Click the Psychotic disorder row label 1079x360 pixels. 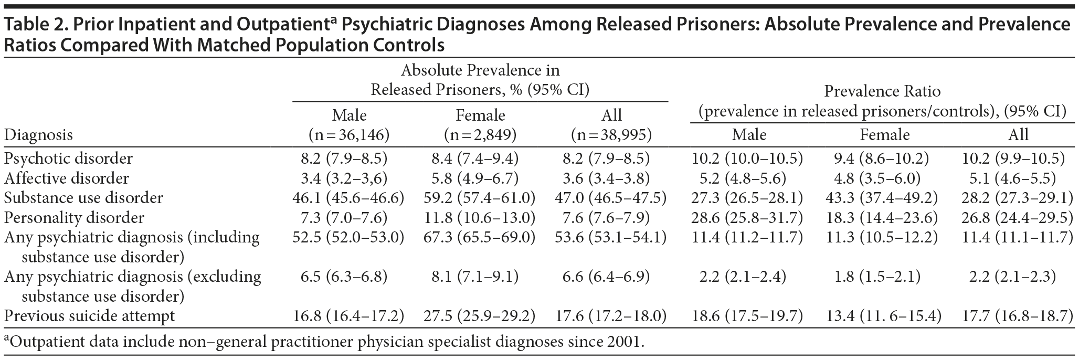point(68,158)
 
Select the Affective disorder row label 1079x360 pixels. point(66,178)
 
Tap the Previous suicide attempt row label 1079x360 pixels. point(89,316)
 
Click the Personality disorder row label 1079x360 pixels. point(74,218)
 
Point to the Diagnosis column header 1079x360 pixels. point(38,135)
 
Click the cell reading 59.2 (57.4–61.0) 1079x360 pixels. point(479,198)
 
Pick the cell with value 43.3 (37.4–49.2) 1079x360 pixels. point(884,198)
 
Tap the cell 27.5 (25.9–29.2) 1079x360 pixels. point(479,316)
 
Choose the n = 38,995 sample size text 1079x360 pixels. point(611,135)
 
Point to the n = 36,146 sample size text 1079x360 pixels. point(348,135)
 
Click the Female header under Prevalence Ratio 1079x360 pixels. point(884,135)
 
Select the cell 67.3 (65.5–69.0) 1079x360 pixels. point(479,237)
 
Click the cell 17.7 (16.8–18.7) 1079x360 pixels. point(1018,316)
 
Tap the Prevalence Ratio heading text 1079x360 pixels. point(882,91)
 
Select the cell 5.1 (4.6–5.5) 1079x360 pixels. point(1018,178)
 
